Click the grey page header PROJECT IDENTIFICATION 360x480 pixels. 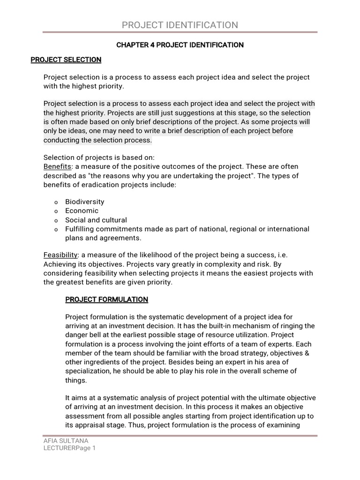coord(180,25)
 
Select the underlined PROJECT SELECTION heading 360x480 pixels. coord(66,60)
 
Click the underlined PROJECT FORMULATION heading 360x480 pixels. coord(106,299)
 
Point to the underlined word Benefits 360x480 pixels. coord(58,166)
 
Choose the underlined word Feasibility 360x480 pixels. coord(60,255)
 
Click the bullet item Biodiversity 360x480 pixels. coord(84,202)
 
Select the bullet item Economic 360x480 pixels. coord(82,210)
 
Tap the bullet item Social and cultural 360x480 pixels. coord(96,220)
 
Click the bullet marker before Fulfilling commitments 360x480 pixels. coord(56,229)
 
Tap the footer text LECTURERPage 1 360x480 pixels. coord(69,448)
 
